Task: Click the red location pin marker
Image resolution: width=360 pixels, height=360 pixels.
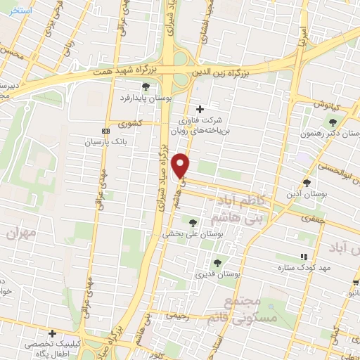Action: (181, 165)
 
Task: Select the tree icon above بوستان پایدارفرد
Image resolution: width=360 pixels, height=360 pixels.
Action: (146, 86)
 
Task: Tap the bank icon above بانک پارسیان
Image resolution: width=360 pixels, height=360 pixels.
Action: (105, 131)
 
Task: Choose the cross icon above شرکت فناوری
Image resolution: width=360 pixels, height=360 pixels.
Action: (200, 109)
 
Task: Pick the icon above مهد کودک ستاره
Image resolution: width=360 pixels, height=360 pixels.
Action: (304, 257)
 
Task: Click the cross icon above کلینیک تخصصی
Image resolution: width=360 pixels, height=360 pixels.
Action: (51, 333)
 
